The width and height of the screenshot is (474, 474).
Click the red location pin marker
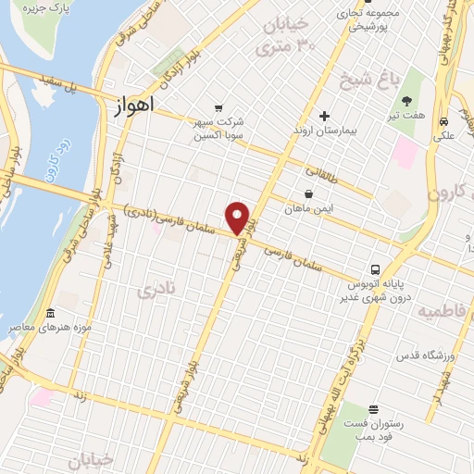239,218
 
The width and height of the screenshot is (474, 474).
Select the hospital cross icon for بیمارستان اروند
324,116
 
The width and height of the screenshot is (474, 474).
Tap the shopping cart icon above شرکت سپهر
218,106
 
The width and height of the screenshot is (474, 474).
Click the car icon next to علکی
444,121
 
